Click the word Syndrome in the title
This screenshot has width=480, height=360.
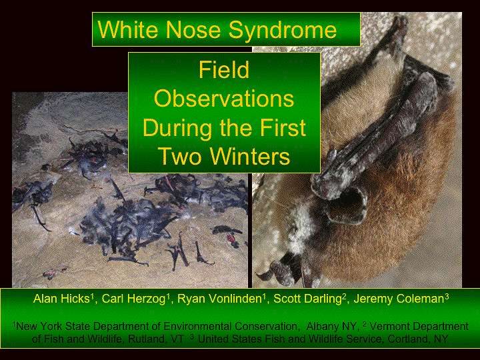283,30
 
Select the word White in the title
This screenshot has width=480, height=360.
128,29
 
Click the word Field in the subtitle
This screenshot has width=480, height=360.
224,70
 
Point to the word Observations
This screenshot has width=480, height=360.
224,99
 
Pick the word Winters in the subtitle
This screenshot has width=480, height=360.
250,156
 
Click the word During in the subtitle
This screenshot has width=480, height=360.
178,127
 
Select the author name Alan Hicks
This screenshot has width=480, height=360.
61,299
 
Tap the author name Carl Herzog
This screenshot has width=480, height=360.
134,299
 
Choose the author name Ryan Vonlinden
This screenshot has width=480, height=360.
219,299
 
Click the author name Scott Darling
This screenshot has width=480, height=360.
307,299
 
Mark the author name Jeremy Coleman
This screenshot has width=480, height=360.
399,299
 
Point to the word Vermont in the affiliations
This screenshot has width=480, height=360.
390,326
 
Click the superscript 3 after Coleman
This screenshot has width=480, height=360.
447,297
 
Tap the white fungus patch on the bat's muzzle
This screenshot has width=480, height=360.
301,227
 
